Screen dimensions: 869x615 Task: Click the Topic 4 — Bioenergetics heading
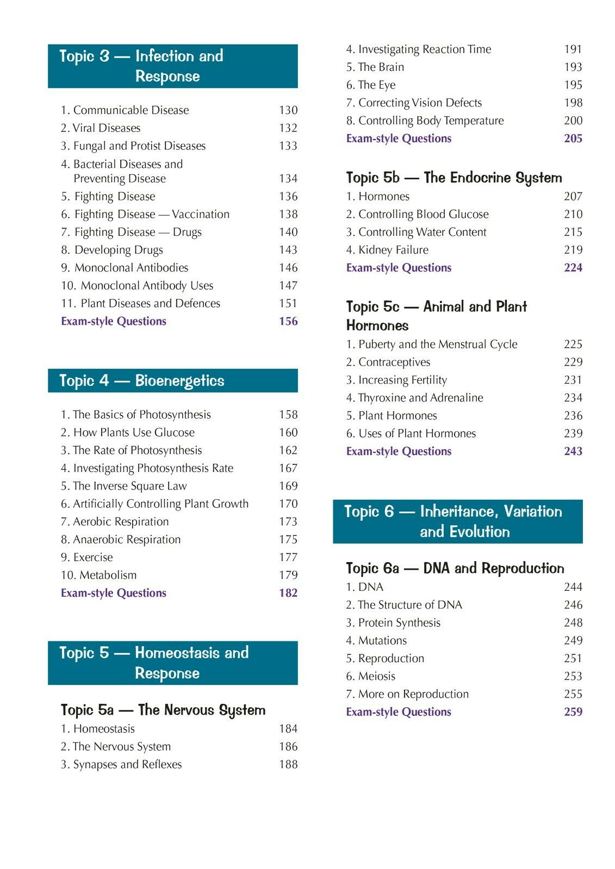(141, 381)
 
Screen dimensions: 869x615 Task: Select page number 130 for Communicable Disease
(288, 110)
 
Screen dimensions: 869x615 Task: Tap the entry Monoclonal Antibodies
(131, 268)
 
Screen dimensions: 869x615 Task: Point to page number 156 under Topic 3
(288, 322)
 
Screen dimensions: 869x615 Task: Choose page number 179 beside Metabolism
(288, 575)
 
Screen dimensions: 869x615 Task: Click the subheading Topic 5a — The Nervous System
(163, 710)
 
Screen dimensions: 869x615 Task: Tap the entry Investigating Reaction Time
(418, 49)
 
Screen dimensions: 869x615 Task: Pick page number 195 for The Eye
(573, 85)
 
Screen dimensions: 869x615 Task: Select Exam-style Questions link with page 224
(399, 268)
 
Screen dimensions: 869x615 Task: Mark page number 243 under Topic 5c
(573, 451)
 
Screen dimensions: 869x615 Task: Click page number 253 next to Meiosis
(573, 676)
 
